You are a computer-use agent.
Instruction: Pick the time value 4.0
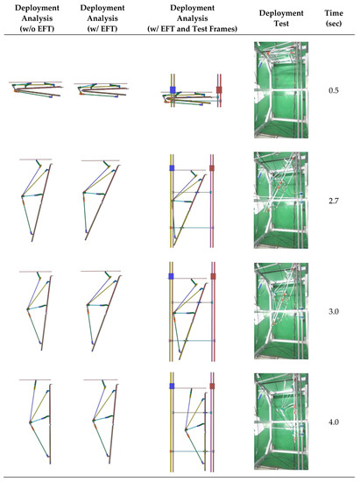(333, 422)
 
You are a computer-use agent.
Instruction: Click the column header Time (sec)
(333, 21)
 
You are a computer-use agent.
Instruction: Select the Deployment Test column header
(281, 21)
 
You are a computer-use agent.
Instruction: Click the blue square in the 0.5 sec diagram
(173, 90)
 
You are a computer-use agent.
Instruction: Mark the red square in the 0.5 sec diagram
(220, 90)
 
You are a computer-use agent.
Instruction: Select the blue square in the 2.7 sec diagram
(172, 167)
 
